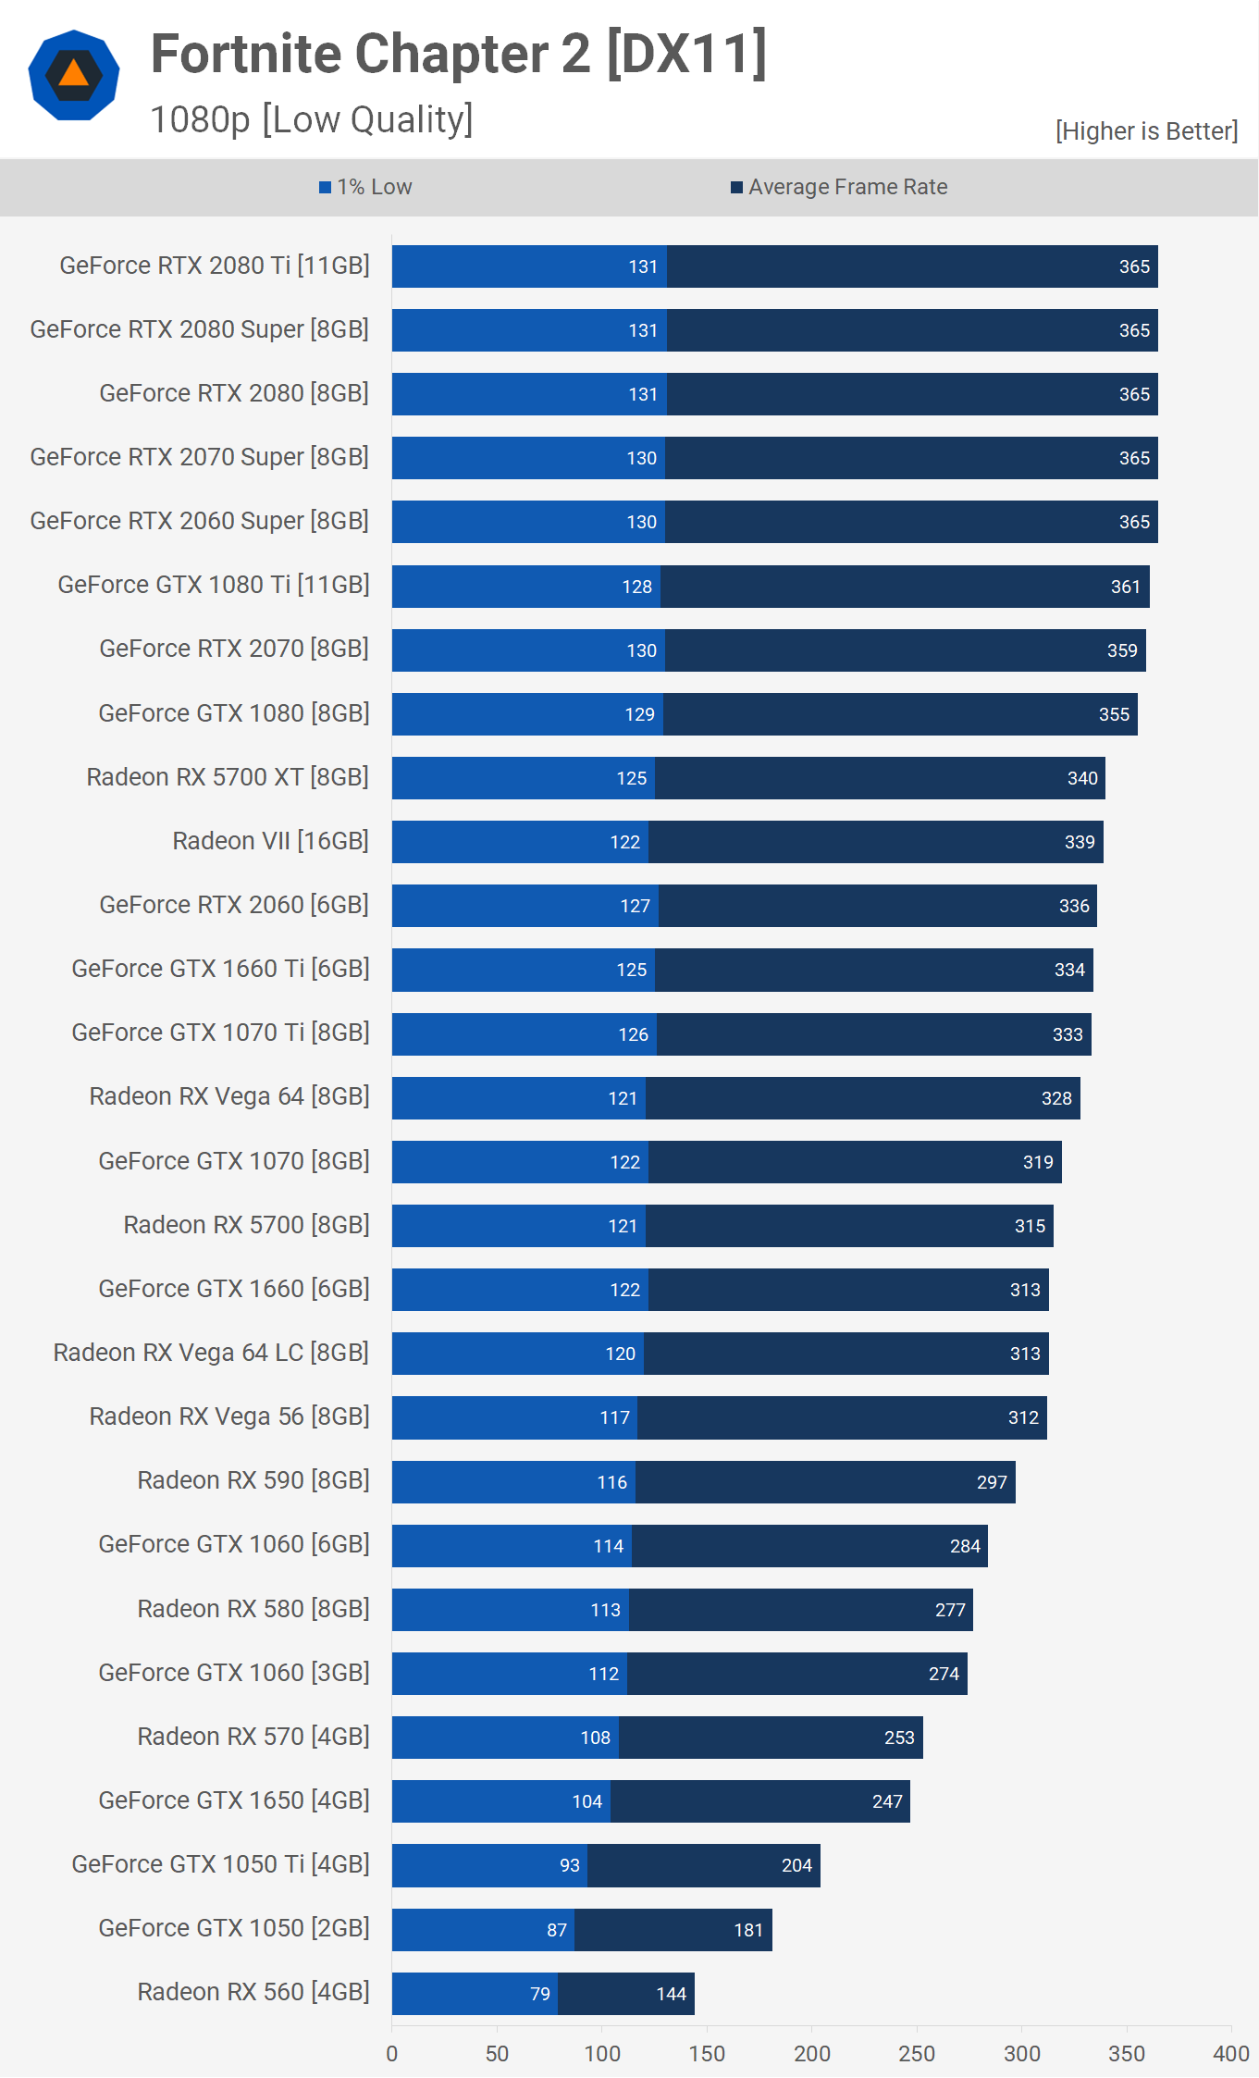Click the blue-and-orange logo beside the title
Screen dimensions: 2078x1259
coord(74,76)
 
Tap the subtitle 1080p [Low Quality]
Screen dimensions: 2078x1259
coord(311,120)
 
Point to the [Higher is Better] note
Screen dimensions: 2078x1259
coord(1145,131)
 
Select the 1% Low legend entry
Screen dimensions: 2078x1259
coord(365,187)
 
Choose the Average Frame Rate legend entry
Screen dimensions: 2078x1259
coord(839,187)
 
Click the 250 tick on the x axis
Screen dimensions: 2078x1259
coord(917,2054)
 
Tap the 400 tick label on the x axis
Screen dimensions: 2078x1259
coord(1231,2054)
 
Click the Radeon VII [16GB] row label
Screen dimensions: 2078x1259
coord(270,841)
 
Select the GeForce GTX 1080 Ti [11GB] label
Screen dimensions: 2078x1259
coord(214,585)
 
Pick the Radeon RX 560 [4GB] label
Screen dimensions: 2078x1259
coord(253,1992)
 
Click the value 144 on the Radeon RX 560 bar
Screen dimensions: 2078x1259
coord(671,1994)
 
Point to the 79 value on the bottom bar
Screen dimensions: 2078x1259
coord(540,1994)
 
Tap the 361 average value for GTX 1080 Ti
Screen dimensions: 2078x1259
coord(1125,587)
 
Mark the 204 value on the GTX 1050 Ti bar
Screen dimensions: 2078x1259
coord(796,1865)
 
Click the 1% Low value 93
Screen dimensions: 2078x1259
coord(570,1865)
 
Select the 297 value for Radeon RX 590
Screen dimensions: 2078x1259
coord(992,1482)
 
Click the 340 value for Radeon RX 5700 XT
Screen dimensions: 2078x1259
coord(1082,778)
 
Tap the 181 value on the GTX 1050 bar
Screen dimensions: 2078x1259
coord(748,1930)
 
